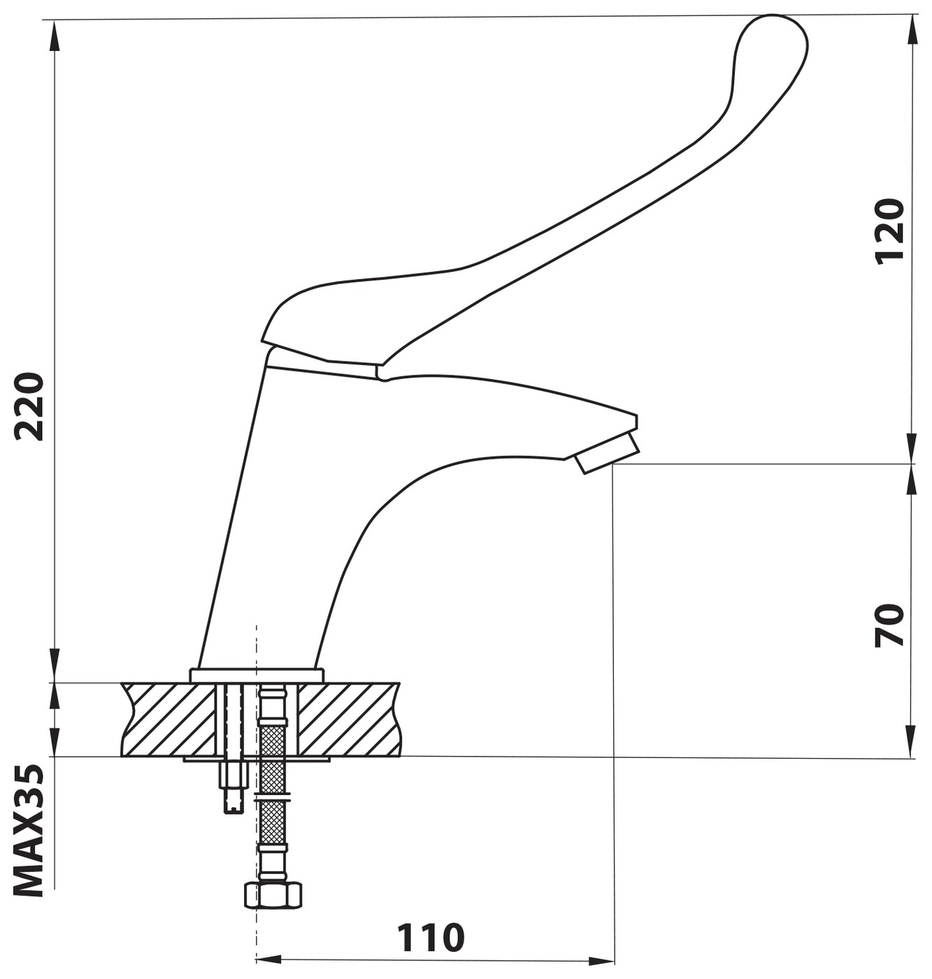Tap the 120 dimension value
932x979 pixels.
[889, 231]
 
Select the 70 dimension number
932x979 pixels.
[889, 625]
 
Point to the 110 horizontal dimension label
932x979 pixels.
[430, 938]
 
